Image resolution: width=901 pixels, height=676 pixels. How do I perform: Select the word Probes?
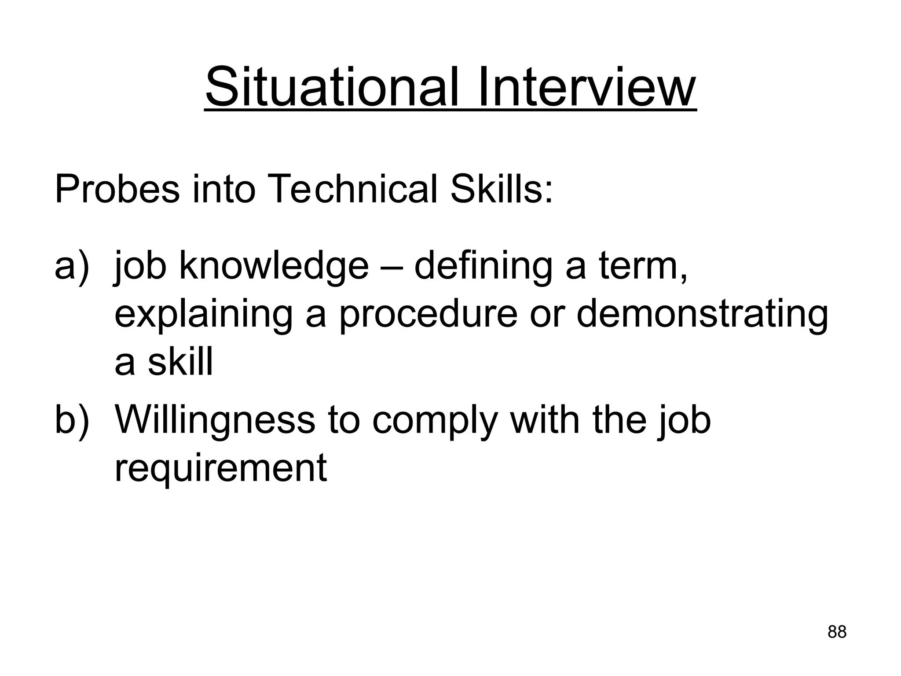click(117, 190)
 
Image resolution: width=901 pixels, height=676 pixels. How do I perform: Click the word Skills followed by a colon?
click(502, 190)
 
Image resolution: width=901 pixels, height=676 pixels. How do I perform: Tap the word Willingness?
click(215, 421)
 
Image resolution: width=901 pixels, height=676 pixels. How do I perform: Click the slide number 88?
click(837, 632)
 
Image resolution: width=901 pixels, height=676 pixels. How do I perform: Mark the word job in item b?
click(684, 421)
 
